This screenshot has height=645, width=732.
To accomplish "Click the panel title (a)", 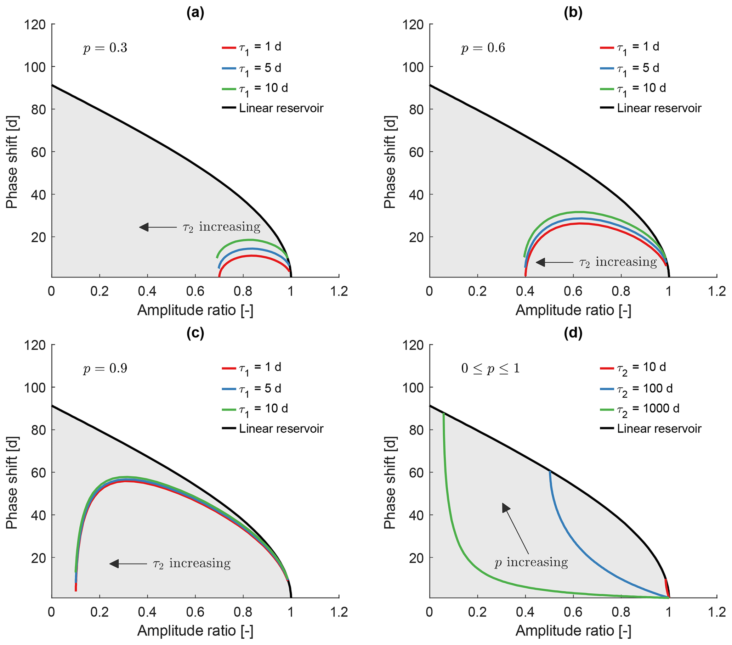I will (195, 13).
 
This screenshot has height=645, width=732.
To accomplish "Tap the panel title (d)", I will (573, 333).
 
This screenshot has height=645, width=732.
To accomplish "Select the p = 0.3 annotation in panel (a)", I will (105, 47).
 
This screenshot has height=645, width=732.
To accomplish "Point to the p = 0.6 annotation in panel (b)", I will (483, 47).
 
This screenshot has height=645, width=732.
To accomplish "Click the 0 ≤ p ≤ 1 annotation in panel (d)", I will (490, 368).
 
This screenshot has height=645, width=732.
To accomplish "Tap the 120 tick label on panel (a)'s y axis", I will (35, 25).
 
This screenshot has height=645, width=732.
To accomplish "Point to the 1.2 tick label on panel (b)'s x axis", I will (717, 291).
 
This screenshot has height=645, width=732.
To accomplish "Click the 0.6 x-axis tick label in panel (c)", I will (195, 612).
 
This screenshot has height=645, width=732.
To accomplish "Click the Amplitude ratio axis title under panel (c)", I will (195, 631).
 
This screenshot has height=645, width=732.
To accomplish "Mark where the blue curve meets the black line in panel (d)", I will (549, 471).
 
